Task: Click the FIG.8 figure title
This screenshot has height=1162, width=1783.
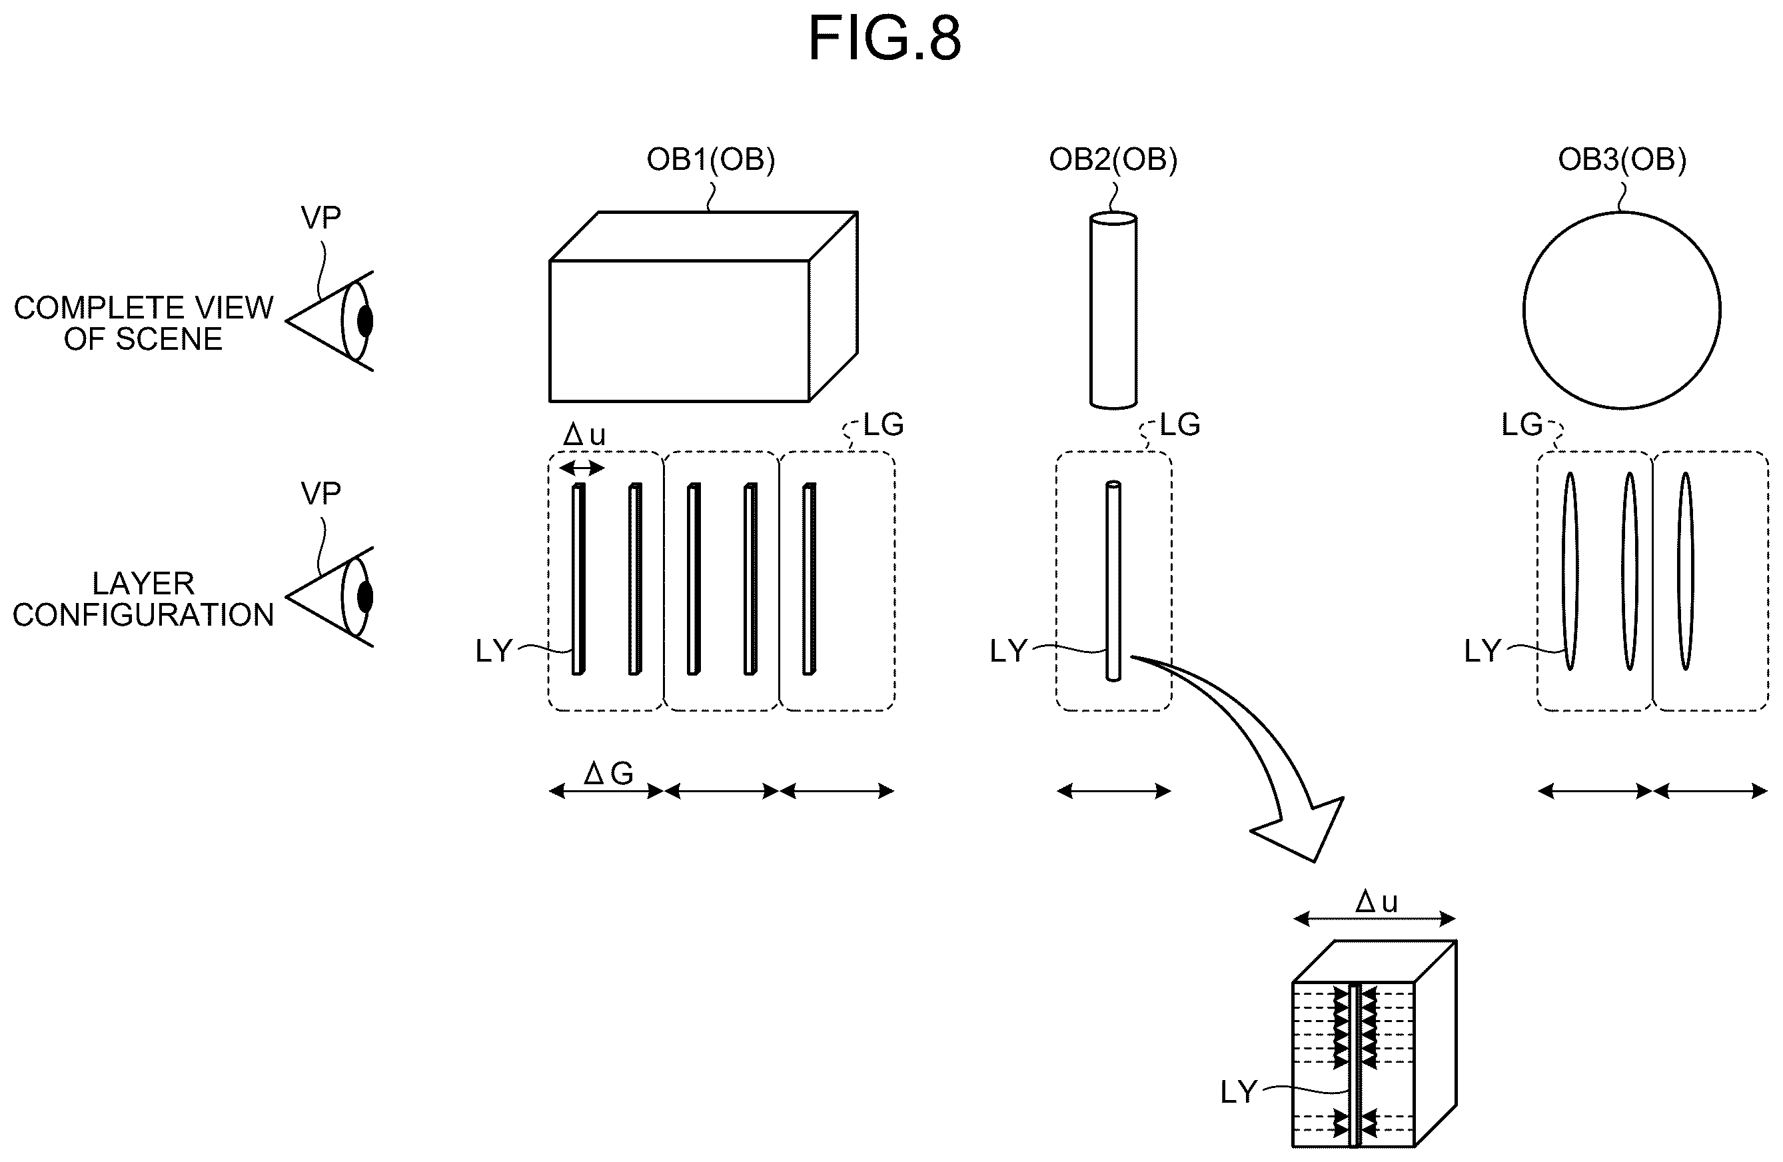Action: pyautogui.click(x=884, y=39)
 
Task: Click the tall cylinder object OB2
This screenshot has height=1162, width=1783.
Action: pyautogui.click(x=1113, y=310)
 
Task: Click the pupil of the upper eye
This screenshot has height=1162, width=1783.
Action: pyautogui.click(x=365, y=320)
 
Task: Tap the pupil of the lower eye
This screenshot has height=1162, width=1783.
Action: pyautogui.click(x=365, y=597)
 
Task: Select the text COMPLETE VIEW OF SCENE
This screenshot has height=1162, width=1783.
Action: pyautogui.click(x=143, y=323)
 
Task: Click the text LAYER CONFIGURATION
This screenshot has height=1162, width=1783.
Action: pyautogui.click(x=143, y=598)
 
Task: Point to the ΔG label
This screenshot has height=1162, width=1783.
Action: pyautogui.click(x=608, y=772)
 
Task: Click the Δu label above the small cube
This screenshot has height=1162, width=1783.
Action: pyautogui.click(x=1376, y=901)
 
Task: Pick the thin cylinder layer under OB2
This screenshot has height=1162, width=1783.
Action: pyautogui.click(x=1113, y=580)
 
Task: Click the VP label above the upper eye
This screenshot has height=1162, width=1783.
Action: pyautogui.click(x=320, y=217)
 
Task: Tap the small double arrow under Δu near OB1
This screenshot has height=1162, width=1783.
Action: pyautogui.click(x=582, y=468)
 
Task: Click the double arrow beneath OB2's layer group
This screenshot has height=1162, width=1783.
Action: pyautogui.click(x=1113, y=790)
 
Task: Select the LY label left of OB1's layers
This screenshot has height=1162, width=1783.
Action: pyautogui.click(x=494, y=650)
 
